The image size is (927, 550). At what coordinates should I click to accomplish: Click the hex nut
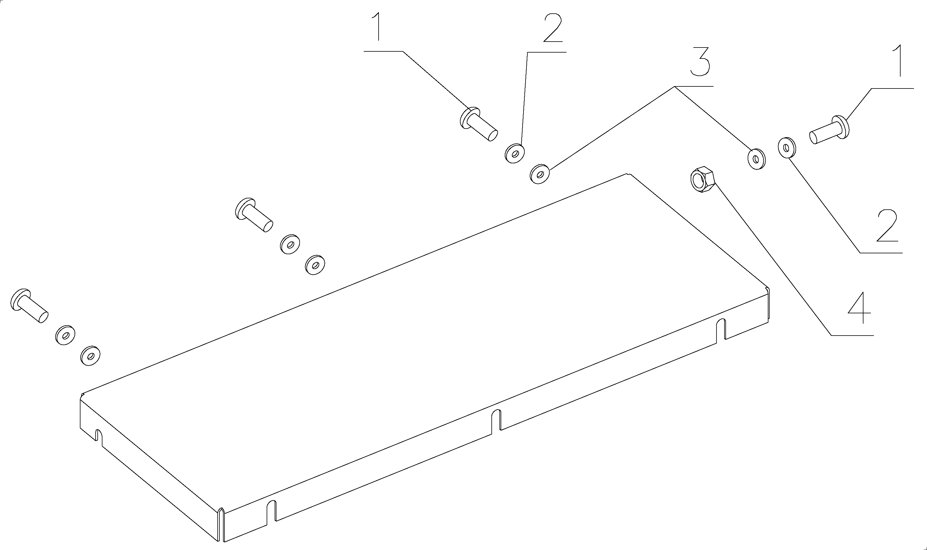pos(702,179)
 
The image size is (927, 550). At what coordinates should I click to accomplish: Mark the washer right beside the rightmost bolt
pos(787,148)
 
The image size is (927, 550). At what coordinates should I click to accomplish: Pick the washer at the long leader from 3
pos(540,174)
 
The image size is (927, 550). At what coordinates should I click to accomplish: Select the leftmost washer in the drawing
pos(65,335)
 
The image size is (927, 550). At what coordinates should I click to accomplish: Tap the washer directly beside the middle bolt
pos(290,244)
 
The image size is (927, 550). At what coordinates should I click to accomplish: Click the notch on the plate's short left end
pos(99,436)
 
